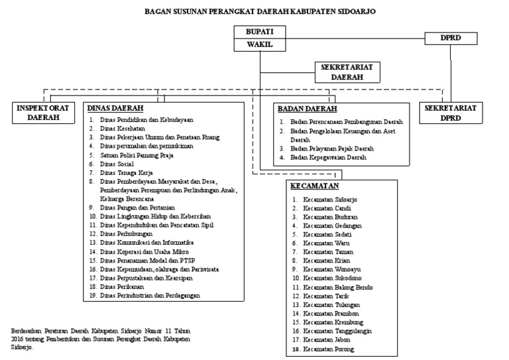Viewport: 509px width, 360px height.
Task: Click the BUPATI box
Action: pyautogui.click(x=260, y=32)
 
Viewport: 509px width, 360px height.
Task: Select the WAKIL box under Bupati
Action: pyautogui.click(x=260, y=45)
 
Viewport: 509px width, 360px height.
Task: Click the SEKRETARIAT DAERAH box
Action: pyautogui.click(x=342, y=72)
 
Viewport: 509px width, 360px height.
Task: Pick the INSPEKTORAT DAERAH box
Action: pyautogui.click(x=44, y=112)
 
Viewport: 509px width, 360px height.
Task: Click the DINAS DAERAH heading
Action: pyautogui.click(x=115, y=108)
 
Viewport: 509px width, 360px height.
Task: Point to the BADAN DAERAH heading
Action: pyautogui.click(x=307, y=109)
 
